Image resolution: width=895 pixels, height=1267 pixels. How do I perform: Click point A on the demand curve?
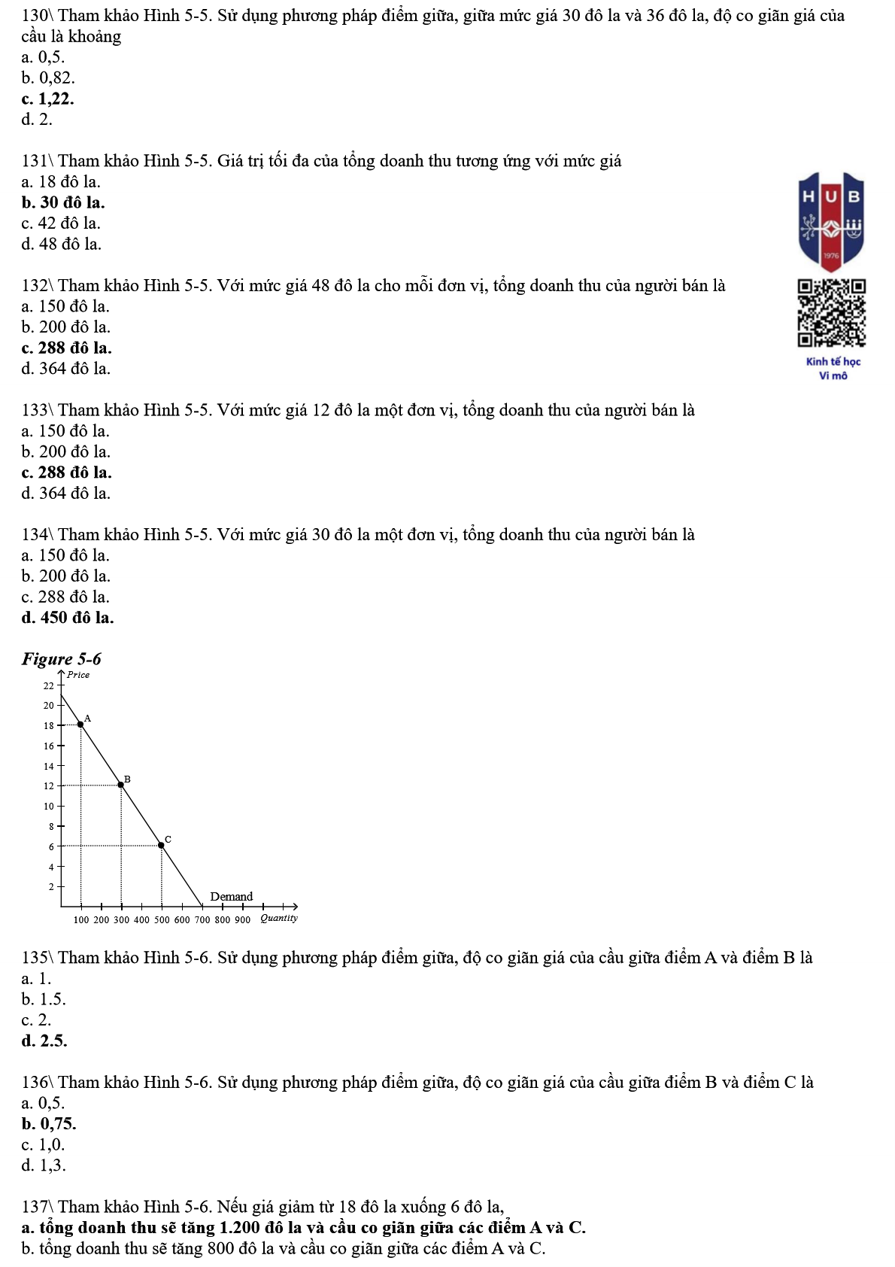tap(81, 725)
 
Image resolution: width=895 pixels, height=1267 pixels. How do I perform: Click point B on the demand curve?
tap(121, 785)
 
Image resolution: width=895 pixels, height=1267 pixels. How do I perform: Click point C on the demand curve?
tap(161, 845)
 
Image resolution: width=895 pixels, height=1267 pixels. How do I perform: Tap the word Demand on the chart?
tap(232, 896)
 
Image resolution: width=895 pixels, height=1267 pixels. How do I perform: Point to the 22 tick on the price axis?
tap(49, 685)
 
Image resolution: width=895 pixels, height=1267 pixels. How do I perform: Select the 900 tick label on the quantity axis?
tap(242, 919)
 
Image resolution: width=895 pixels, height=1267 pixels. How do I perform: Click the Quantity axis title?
tap(279, 918)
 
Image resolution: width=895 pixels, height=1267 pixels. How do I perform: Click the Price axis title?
tap(78, 675)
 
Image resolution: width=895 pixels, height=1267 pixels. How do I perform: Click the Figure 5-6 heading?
tap(62, 659)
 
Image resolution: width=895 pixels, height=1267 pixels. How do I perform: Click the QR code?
tap(831, 313)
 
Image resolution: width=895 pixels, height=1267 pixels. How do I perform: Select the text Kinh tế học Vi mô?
tap(833, 369)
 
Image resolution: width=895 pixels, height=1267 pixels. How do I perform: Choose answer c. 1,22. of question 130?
tap(48, 99)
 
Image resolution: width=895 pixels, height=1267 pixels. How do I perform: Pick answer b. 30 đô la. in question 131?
tap(63, 202)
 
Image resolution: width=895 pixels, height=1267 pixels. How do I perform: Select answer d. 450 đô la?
tap(68, 618)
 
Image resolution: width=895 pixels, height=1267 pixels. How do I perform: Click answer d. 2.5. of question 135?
tap(44, 1041)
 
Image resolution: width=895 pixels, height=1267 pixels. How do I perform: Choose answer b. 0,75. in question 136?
tap(49, 1124)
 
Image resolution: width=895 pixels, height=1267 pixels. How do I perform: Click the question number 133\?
tap(38, 410)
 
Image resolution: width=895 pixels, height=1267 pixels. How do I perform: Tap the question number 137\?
tap(38, 1207)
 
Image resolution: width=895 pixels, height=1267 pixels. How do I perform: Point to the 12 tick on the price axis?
tap(49, 785)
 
